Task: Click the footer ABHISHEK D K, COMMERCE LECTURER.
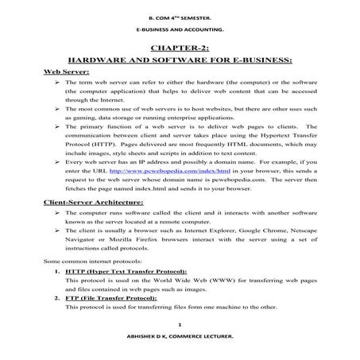[180, 339]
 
